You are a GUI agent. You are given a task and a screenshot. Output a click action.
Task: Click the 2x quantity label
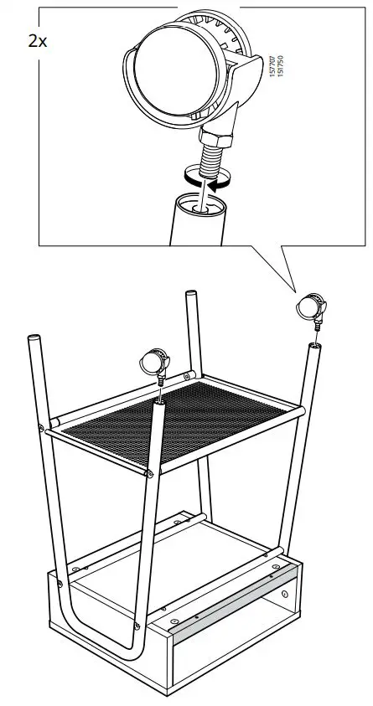38,41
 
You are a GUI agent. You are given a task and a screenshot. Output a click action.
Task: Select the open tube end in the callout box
202,202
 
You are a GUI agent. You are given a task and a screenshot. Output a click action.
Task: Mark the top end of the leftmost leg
34,338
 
